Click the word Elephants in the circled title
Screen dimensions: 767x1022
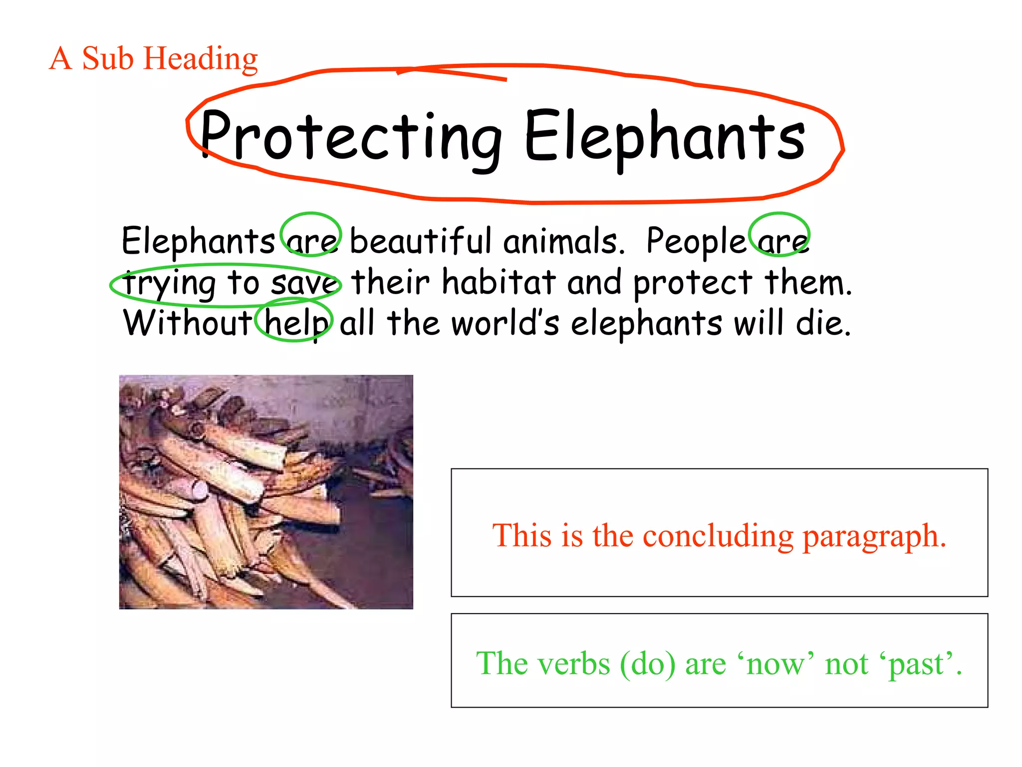point(665,137)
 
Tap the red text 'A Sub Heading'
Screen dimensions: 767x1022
point(154,58)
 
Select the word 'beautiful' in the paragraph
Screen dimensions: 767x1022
point(420,241)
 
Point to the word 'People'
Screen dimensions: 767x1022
point(696,241)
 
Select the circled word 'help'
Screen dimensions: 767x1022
point(295,323)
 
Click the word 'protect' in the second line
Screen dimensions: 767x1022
point(692,284)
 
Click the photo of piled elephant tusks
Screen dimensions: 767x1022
point(266,492)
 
